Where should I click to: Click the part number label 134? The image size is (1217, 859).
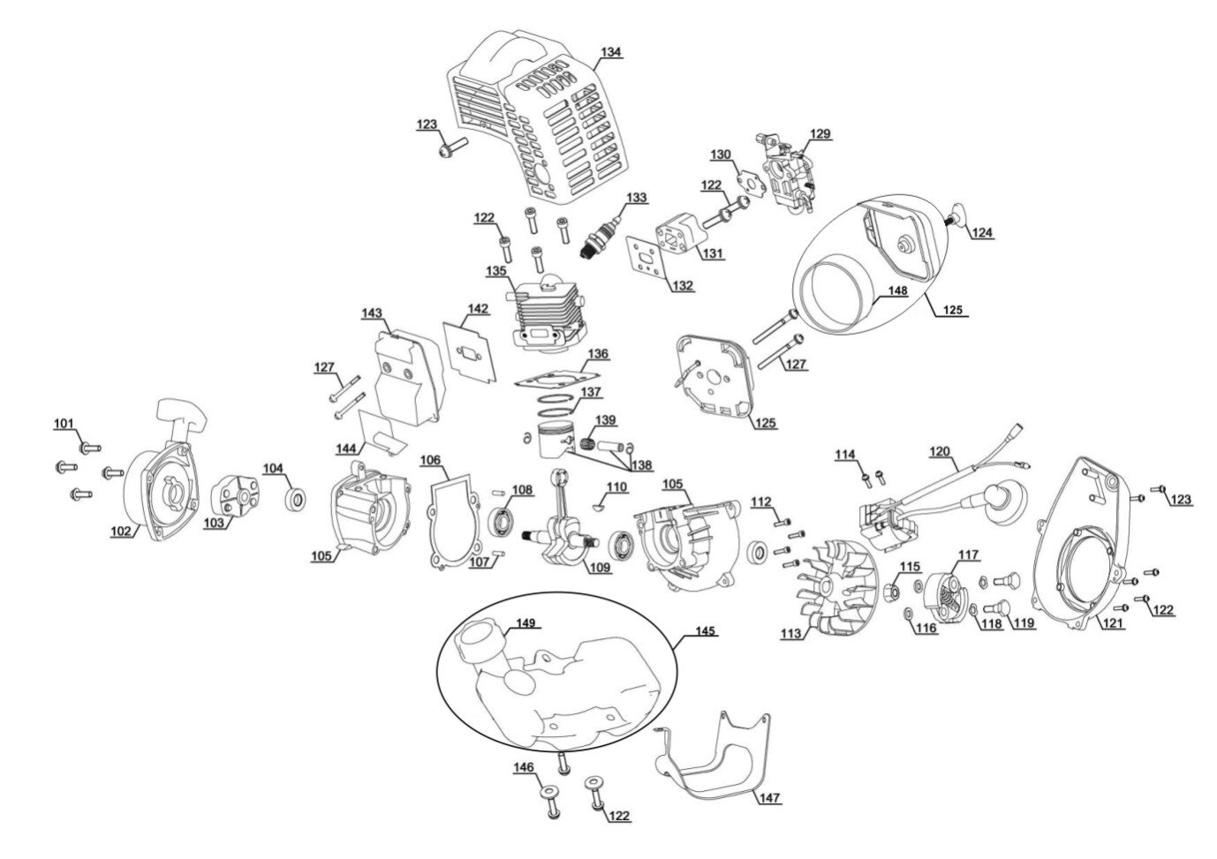coord(610,52)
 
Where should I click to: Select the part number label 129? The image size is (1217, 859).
coord(820,134)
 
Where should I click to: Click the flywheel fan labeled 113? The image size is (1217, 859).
coord(825,587)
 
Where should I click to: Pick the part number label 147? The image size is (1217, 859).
coord(768,797)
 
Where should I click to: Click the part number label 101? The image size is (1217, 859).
coord(64,424)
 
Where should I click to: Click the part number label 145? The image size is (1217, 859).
coord(706,632)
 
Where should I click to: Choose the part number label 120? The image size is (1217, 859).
coord(940,452)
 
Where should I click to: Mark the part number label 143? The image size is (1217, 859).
coord(372,313)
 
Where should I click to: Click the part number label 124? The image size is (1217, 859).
coord(982,233)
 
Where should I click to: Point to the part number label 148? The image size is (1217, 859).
coord(897,290)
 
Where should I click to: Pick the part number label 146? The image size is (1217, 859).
coord(524,768)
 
